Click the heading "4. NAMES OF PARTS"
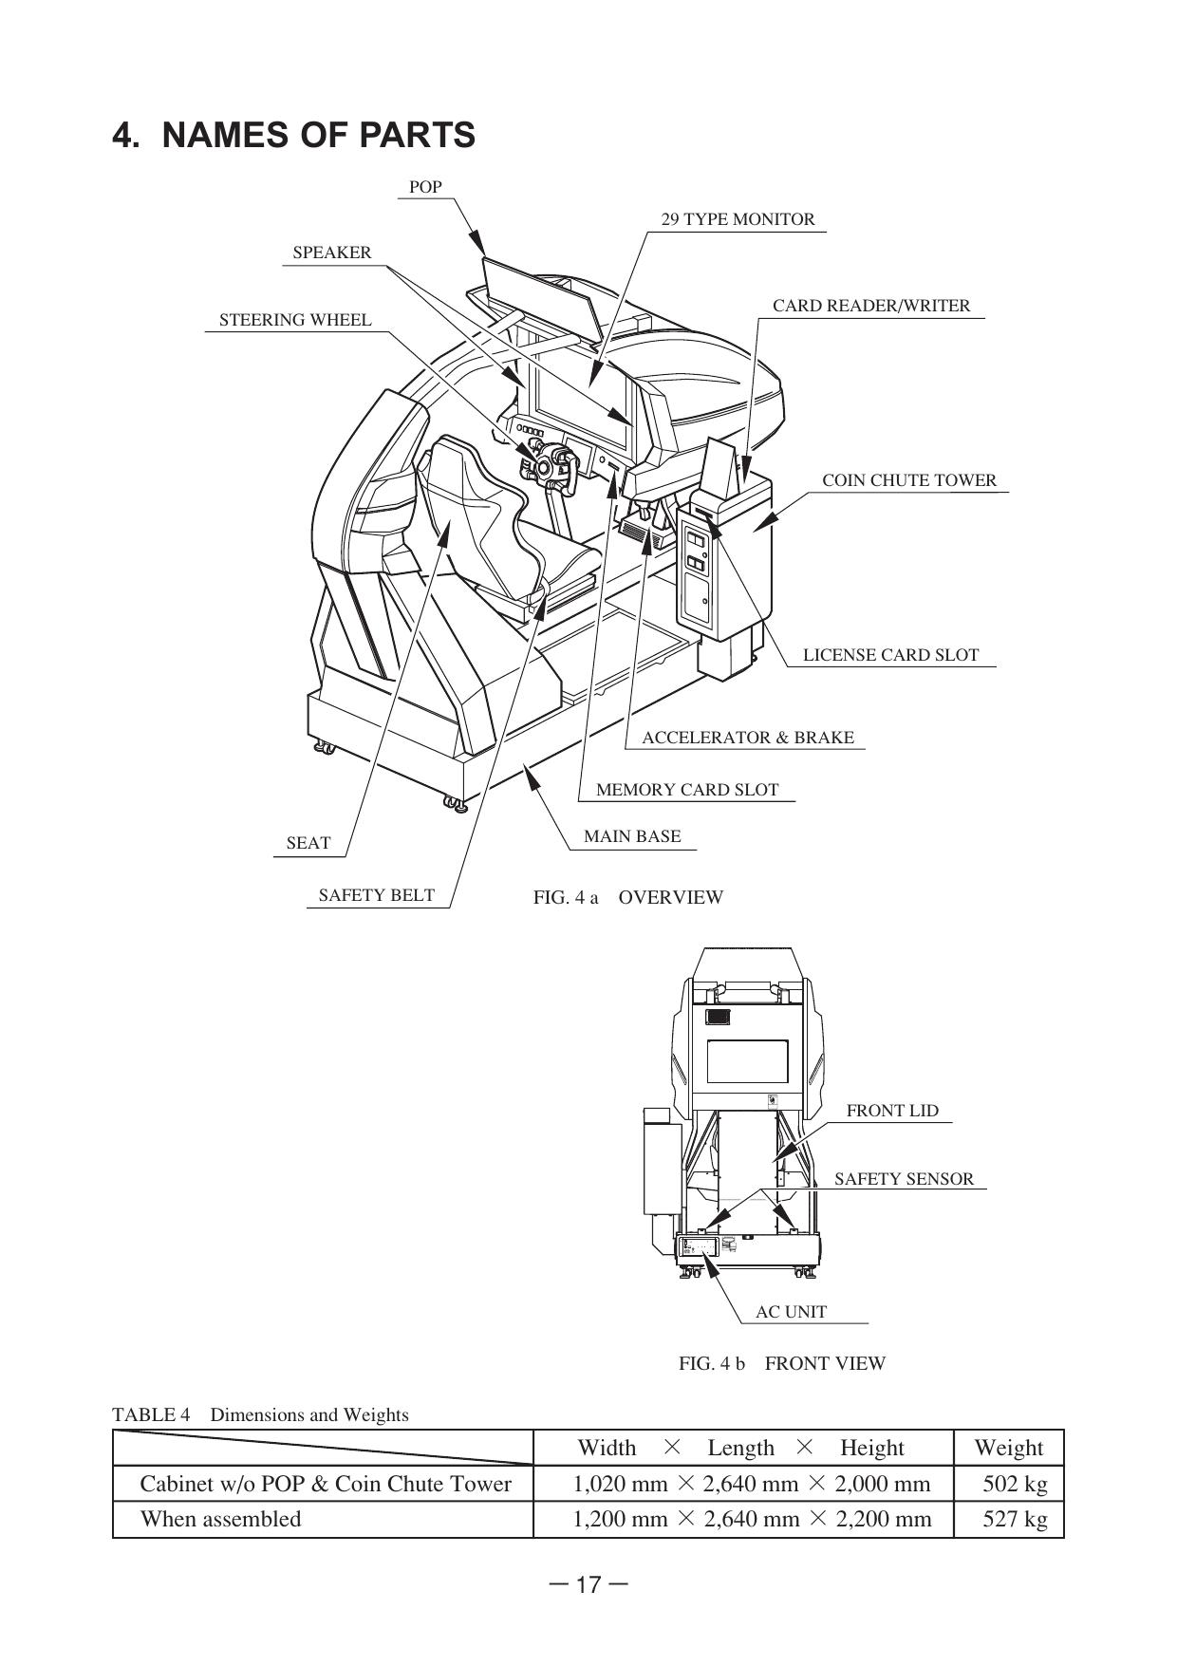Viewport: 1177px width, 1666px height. [x=293, y=135]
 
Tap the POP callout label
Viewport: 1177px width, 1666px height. [x=425, y=187]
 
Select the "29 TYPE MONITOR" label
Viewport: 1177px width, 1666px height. [x=738, y=219]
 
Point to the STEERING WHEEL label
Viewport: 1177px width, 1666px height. [x=295, y=320]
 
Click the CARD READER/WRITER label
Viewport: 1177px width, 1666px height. [x=870, y=306]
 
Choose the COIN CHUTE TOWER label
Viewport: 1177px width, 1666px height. [x=908, y=480]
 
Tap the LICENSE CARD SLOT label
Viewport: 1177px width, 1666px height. [x=889, y=655]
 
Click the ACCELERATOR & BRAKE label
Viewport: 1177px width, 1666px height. [x=747, y=738]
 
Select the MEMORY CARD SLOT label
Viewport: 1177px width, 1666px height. [x=686, y=790]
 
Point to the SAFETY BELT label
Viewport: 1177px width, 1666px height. [x=376, y=895]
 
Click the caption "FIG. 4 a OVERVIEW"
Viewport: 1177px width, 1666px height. [x=627, y=897]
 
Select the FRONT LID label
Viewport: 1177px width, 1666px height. [x=891, y=1111]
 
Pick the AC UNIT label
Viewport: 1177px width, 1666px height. [x=791, y=1312]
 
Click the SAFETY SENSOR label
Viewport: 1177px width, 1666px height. [x=904, y=1179]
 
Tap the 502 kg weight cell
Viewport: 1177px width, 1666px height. [x=1014, y=1484]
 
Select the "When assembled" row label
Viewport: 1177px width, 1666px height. [x=220, y=1519]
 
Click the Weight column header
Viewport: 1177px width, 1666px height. [x=1007, y=1448]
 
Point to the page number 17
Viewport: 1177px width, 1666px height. [x=588, y=1584]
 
